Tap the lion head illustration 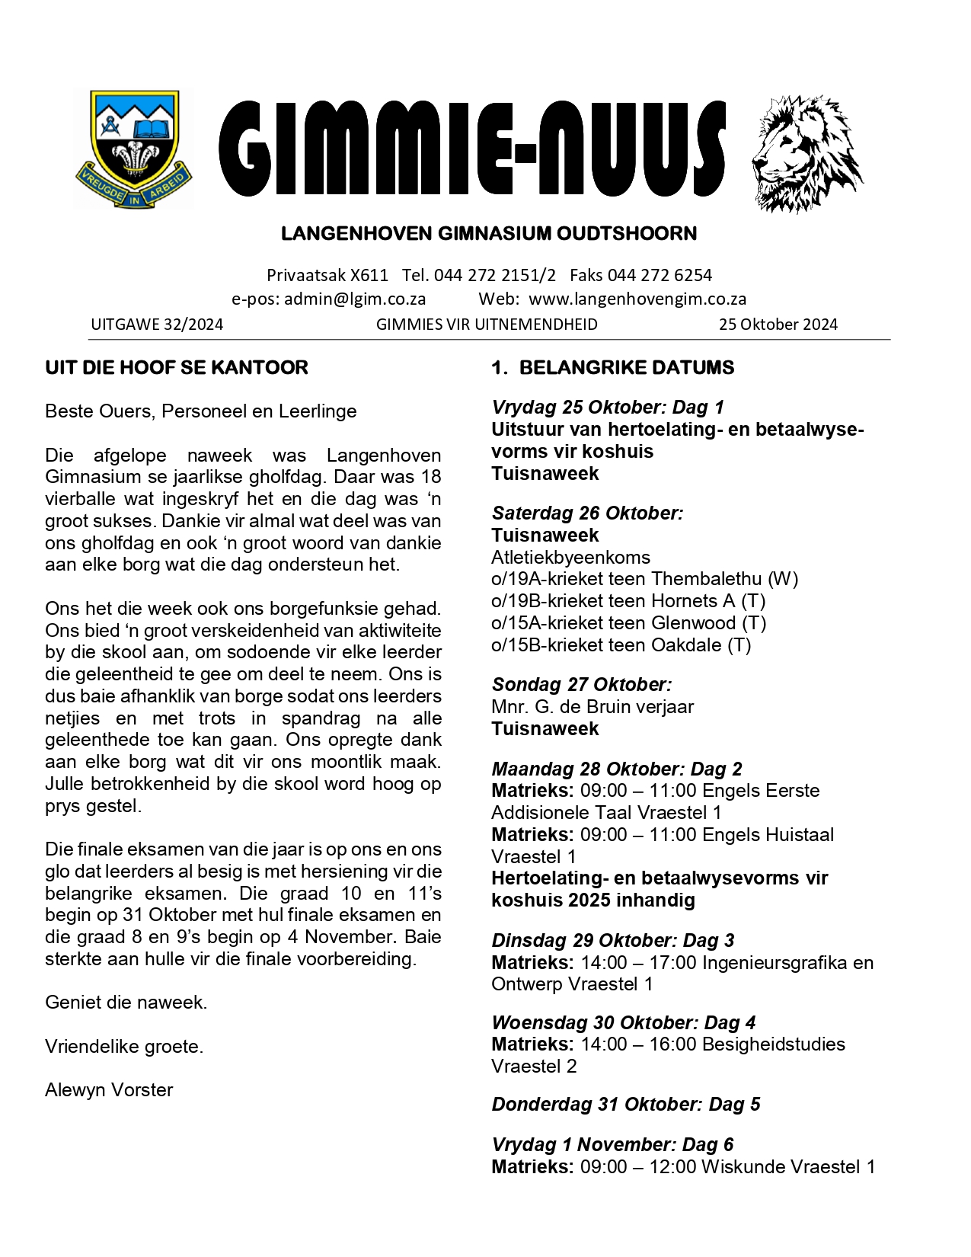point(807,152)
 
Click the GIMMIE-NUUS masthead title point(472,149)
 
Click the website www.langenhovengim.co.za point(637,299)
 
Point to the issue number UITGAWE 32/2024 point(157,325)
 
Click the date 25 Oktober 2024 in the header point(778,325)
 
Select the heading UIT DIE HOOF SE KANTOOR point(177,368)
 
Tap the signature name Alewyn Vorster point(109,1090)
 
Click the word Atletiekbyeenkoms point(570,558)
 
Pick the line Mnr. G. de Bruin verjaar point(592,707)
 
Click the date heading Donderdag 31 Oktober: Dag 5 point(625,1105)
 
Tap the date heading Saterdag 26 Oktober point(587,513)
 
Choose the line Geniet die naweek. point(126,1003)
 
